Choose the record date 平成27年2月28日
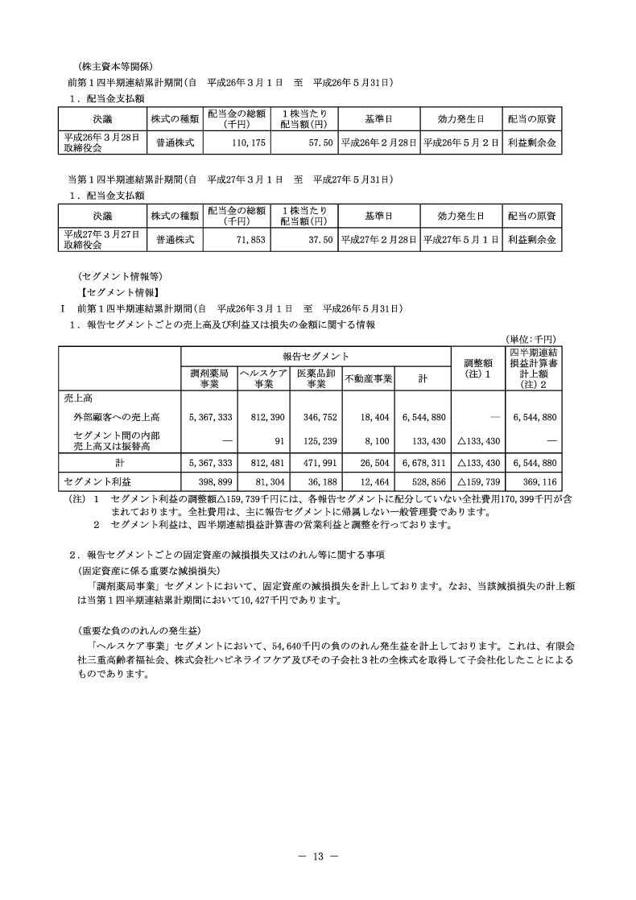coord(378,240)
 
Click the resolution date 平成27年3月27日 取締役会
coord(101,240)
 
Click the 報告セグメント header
coord(316,356)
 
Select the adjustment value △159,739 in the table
coord(478,481)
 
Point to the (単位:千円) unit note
coord(531,340)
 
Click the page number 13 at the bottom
coord(317,857)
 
